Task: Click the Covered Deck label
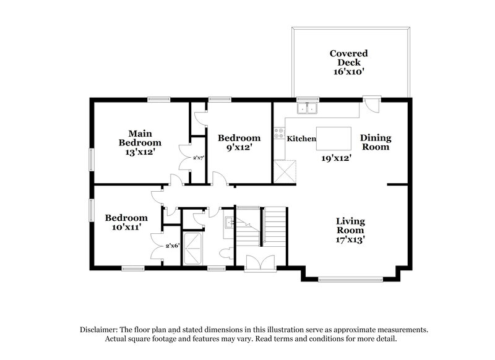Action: pyautogui.click(x=349, y=58)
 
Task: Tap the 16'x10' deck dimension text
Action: pyautogui.click(x=349, y=72)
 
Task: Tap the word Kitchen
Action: pyautogui.click(x=301, y=139)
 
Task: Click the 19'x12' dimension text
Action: pyautogui.click(x=336, y=158)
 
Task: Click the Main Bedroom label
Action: pyautogui.click(x=140, y=137)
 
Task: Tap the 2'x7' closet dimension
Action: pyautogui.click(x=199, y=158)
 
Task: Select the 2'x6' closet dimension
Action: pyautogui.click(x=173, y=246)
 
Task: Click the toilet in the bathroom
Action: pyautogui.click(x=228, y=252)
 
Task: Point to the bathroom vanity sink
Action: pyautogui.click(x=228, y=223)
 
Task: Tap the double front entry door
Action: pyautogui.click(x=256, y=264)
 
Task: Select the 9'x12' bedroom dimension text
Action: pyautogui.click(x=239, y=148)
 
